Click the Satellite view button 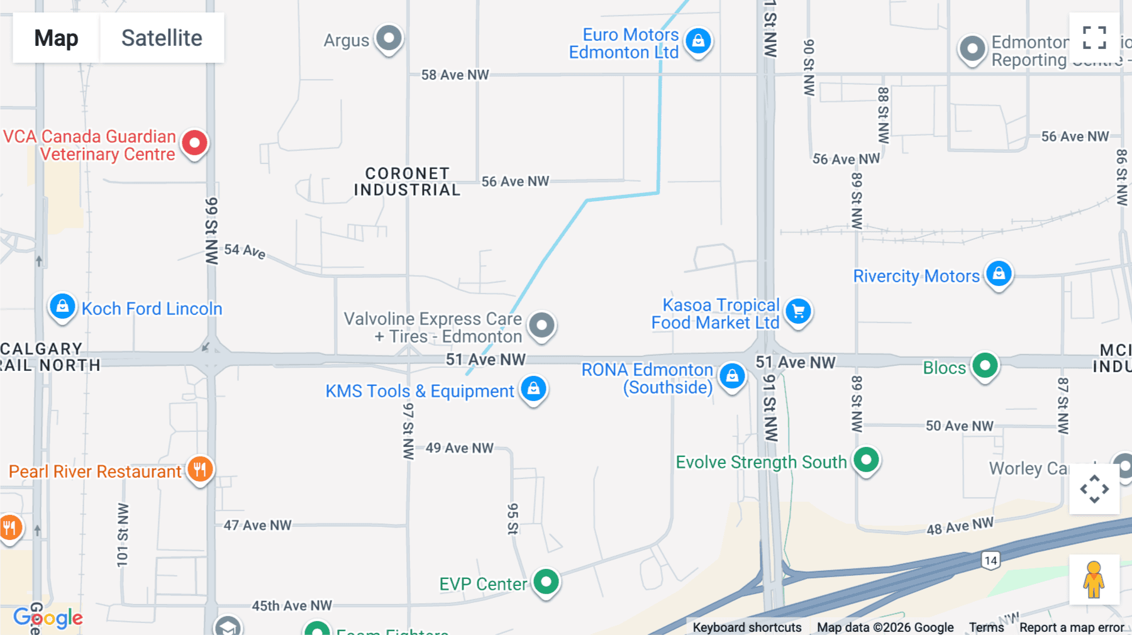[x=162, y=38]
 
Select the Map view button [x=56, y=38]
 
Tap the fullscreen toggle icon [x=1094, y=38]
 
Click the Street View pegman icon [x=1094, y=579]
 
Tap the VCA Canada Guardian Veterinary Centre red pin [x=194, y=143]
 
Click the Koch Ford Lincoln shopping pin [x=62, y=307]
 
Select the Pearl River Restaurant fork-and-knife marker [x=199, y=469]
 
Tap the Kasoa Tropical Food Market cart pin [x=798, y=311]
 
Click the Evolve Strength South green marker [x=866, y=460]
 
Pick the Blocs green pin [x=985, y=366]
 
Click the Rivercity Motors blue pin [x=999, y=274]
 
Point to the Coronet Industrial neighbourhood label [x=407, y=182]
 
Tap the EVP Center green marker [x=546, y=582]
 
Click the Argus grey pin [x=389, y=38]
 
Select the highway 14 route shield [x=991, y=560]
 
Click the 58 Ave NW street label [x=455, y=75]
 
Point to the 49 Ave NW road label [x=459, y=448]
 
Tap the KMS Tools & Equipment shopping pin [x=533, y=389]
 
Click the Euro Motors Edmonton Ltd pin [x=698, y=41]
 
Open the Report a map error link [x=1072, y=627]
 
